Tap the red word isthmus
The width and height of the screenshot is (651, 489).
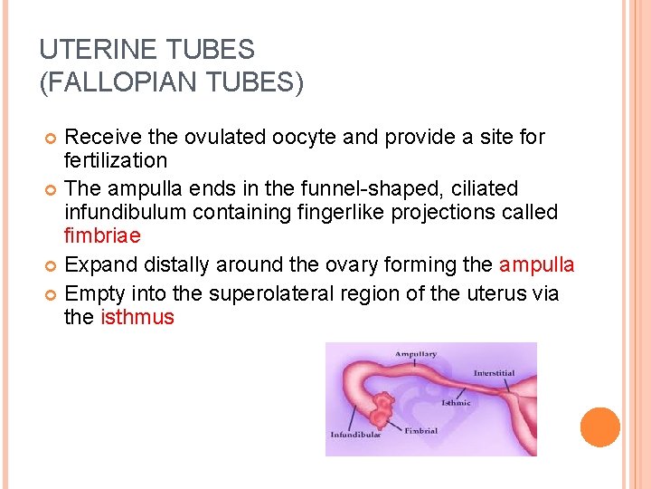[137, 318]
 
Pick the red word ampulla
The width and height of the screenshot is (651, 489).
[537, 265]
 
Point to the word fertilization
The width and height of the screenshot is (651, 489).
[116, 161]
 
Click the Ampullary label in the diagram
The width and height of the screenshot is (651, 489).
[415, 354]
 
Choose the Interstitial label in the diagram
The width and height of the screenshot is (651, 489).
[495, 373]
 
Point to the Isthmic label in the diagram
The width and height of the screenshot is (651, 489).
[456, 403]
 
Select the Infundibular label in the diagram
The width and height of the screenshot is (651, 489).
[355, 435]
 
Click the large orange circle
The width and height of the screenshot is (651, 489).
[600, 427]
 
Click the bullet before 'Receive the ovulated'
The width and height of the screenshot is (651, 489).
[52, 138]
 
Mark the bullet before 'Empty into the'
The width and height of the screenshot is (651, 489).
[52, 293]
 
